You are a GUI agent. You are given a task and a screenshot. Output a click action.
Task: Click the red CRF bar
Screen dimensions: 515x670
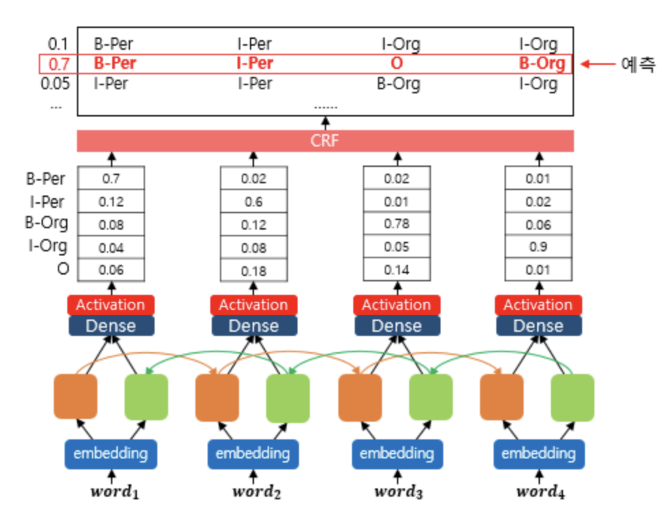click(x=325, y=141)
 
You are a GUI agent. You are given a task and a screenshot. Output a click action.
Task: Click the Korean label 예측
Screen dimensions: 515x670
click(x=638, y=65)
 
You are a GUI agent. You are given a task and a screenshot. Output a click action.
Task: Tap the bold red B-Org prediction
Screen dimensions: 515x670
click(x=542, y=64)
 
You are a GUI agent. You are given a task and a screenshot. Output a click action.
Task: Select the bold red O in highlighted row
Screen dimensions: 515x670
click(x=396, y=64)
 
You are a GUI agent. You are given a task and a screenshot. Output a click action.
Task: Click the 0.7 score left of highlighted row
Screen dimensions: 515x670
click(x=59, y=65)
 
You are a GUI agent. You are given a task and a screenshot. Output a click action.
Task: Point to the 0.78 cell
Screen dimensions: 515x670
click(x=396, y=224)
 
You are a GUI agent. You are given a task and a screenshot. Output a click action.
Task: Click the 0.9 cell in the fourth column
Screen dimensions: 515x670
click(x=538, y=247)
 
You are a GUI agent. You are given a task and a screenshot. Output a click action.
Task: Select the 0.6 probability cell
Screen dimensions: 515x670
click(x=253, y=202)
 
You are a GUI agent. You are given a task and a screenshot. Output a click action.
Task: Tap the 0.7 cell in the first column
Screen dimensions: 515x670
click(x=111, y=179)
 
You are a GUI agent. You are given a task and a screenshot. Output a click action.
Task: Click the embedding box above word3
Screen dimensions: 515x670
click(x=396, y=453)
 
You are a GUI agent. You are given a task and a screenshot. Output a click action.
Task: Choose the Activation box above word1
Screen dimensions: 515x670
click(x=111, y=305)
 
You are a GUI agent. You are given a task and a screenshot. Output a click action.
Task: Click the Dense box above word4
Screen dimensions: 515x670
click(x=538, y=326)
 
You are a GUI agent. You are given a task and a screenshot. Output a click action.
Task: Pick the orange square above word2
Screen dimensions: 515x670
click(x=217, y=397)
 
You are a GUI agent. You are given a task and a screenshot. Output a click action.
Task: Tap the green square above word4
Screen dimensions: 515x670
click(x=572, y=397)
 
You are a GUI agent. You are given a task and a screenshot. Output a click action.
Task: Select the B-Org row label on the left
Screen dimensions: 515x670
click(x=47, y=223)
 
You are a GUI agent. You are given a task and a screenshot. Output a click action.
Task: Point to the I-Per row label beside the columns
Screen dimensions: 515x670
click(x=47, y=201)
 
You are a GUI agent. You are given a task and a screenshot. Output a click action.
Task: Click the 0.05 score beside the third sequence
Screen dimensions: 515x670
click(x=54, y=84)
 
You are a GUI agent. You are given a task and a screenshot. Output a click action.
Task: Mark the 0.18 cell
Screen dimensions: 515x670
click(x=253, y=270)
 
